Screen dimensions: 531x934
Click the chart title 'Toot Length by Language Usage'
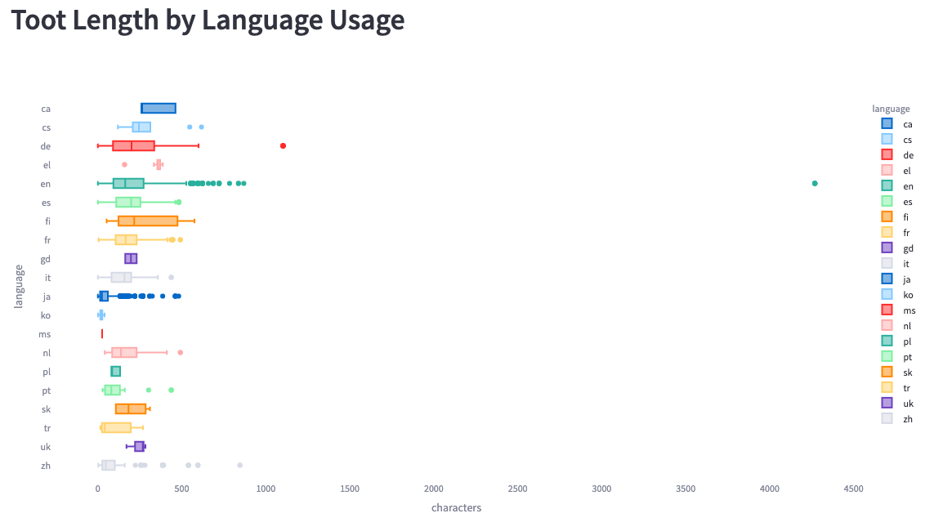[x=208, y=20]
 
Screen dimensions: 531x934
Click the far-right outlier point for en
[x=815, y=183]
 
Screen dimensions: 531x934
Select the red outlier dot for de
[x=283, y=145]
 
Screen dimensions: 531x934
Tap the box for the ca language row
[x=159, y=108]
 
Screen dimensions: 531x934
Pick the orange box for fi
[x=148, y=221]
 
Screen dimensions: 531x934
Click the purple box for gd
[x=131, y=258]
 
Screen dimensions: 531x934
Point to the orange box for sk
[x=131, y=408]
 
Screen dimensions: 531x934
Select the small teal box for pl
[x=115, y=371]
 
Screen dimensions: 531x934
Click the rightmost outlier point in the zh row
[x=239, y=465]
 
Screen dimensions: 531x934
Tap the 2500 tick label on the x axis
[x=517, y=489]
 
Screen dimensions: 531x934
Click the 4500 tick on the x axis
[x=853, y=489]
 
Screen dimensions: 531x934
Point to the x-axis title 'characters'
[x=456, y=508]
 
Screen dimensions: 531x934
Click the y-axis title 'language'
[x=18, y=286]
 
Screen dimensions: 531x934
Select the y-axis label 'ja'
[x=47, y=297]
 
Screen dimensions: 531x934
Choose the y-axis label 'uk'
[x=46, y=447]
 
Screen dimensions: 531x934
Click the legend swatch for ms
[x=887, y=310]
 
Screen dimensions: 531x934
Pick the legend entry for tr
[x=907, y=387]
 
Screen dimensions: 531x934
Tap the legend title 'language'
[x=891, y=109]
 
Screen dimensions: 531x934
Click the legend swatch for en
[x=887, y=185]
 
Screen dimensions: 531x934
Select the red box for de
[x=133, y=145]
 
